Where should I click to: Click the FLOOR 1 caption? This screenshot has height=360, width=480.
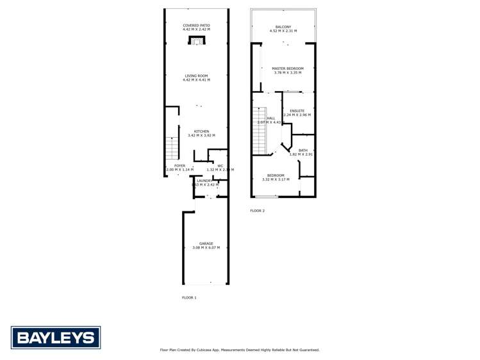[x=189, y=297]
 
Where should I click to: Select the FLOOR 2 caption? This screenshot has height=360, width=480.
[x=257, y=210]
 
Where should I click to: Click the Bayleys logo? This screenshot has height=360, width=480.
[x=56, y=337]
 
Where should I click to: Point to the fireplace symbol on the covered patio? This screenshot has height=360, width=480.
[x=197, y=40]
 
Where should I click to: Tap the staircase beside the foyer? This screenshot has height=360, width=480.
[x=172, y=149]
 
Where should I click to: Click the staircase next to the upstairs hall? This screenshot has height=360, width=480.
[x=259, y=131]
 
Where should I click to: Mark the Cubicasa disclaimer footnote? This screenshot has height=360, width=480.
[x=239, y=350]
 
